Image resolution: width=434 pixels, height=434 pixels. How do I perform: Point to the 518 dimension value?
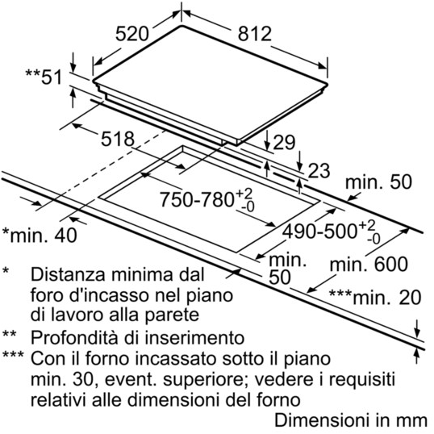tap(116, 139)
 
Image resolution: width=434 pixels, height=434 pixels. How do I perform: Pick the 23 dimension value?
tap(319, 169)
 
